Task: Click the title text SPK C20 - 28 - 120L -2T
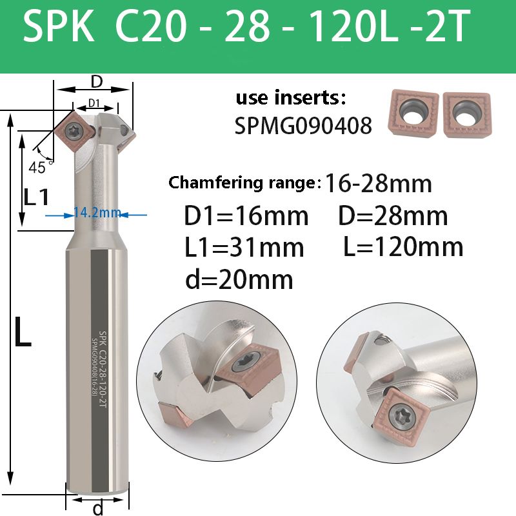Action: (x=246, y=26)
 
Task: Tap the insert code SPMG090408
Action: (x=303, y=125)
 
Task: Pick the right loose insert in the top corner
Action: (x=467, y=115)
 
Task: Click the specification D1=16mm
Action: (x=246, y=216)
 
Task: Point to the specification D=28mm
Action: (x=393, y=216)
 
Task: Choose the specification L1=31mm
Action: (x=244, y=248)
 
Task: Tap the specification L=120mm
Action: (x=403, y=247)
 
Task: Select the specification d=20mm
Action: (x=239, y=279)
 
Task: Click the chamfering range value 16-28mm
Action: (x=378, y=184)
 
